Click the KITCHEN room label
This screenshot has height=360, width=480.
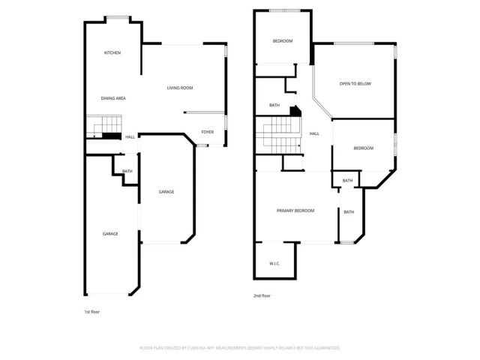pyautogui.click(x=112, y=52)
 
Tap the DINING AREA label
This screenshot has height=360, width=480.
pyautogui.click(x=113, y=98)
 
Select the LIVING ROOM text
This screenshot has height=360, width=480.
pyautogui.click(x=180, y=88)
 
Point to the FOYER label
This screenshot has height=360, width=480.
pyautogui.click(x=207, y=132)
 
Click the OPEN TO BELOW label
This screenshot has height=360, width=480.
pyautogui.click(x=355, y=83)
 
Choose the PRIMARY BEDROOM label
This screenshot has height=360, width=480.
pyautogui.click(x=295, y=211)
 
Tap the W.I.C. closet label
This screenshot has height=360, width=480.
pyautogui.click(x=274, y=263)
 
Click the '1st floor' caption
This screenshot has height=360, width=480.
pyautogui.click(x=91, y=310)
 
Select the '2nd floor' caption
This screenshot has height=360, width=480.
pyautogui.click(x=262, y=295)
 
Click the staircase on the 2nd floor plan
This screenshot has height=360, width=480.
pyautogui.click(x=279, y=135)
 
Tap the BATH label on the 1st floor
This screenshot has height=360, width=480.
pyautogui.click(x=127, y=171)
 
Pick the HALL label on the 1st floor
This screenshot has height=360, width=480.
pyautogui.click(x=130, y=136)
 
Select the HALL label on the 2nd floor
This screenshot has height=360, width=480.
pyautogui.click(x=314, y=133)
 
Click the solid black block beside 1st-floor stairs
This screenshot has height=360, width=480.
pyautogui.click(x=111, y=136)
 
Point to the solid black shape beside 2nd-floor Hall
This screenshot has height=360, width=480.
pyautogui.click(x=295, y=111)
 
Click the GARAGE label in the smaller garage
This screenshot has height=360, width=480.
pyautogui.click(x=166, y=192)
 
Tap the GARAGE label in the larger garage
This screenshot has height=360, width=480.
pyautogui.click(x=110, y=234)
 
